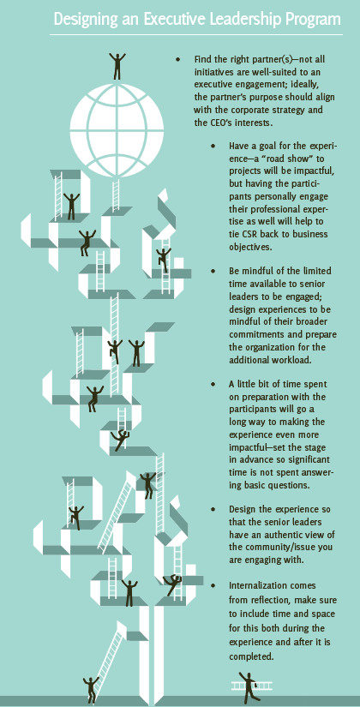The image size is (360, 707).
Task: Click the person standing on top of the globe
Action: [117, 66]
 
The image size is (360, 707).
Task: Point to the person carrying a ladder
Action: [249, 686]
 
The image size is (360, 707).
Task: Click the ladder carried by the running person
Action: [252, 686]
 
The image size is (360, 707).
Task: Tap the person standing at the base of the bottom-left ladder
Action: [91, 689]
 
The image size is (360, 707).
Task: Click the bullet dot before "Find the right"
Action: [177, 59]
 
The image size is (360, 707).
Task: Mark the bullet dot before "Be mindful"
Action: [213, 271]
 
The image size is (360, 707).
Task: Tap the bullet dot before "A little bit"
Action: [213, 385]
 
